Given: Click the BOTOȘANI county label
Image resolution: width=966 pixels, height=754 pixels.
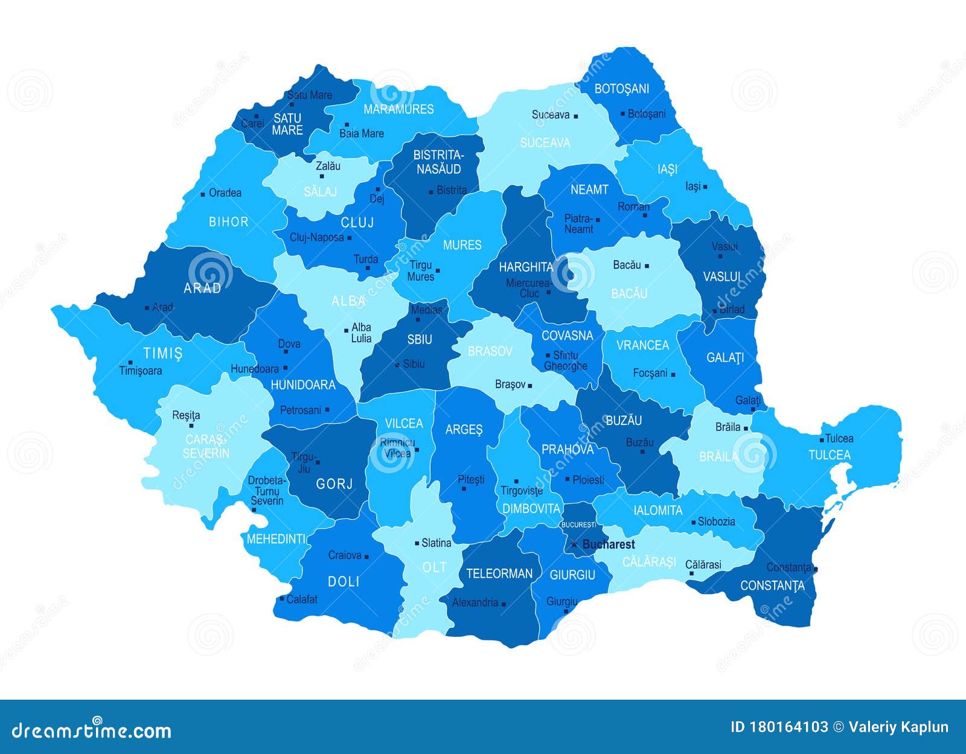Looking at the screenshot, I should pos(621,89).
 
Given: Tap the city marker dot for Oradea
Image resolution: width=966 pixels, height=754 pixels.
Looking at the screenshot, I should pos(202,194).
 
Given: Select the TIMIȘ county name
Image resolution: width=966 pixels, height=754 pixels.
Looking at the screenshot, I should pos(162,353).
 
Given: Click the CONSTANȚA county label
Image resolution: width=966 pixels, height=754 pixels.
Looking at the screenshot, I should pos(772,586).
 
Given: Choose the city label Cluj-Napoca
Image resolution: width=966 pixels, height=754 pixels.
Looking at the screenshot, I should pos(316,237).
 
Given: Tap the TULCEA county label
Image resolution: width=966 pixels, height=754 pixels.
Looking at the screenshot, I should pos(829,455).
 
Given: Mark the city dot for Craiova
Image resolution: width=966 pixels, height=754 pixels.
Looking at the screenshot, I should pos(366,557).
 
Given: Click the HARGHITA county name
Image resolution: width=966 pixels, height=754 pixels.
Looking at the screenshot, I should pos(525,267).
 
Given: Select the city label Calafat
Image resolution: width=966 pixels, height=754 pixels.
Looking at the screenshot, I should pos(301,599).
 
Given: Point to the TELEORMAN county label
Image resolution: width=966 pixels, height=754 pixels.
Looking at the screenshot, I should pos(499,573).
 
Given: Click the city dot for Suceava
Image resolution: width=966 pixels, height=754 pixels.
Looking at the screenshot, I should pos(576,116).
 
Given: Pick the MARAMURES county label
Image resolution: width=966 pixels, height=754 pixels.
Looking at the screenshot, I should pos(398,109).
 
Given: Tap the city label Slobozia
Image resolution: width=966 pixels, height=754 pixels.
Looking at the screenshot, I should pos(716,522).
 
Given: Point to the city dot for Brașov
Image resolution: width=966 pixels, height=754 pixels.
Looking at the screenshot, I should pos(530,385).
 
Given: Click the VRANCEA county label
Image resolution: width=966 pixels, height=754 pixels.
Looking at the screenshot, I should pos(642,345).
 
